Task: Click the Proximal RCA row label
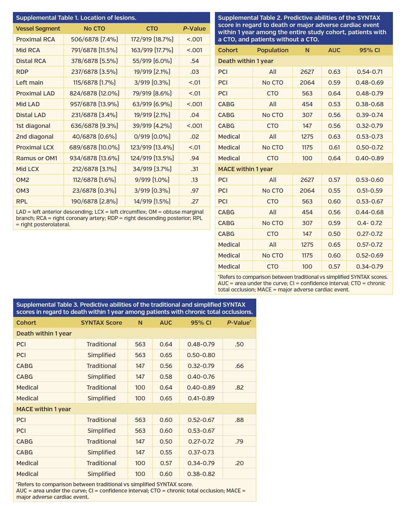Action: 35,39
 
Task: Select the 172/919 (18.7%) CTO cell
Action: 152,39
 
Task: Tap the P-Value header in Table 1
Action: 194,29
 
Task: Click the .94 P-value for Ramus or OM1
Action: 195,158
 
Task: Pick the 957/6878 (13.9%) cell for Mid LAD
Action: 94,104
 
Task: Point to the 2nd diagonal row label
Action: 34,137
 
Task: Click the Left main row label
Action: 29,83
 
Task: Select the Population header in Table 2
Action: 272,50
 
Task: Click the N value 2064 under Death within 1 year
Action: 307,83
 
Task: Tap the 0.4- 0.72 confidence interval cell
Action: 369,223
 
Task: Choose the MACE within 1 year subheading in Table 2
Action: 245,169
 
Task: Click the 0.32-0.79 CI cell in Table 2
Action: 369,126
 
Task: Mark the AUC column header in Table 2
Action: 334,50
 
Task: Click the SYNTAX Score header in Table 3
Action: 101,323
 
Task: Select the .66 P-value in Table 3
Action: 239,366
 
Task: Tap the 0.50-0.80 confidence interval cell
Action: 201,355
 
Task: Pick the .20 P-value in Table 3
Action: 239,463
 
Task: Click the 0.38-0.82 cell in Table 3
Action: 201,474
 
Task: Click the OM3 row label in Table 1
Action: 22,191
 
